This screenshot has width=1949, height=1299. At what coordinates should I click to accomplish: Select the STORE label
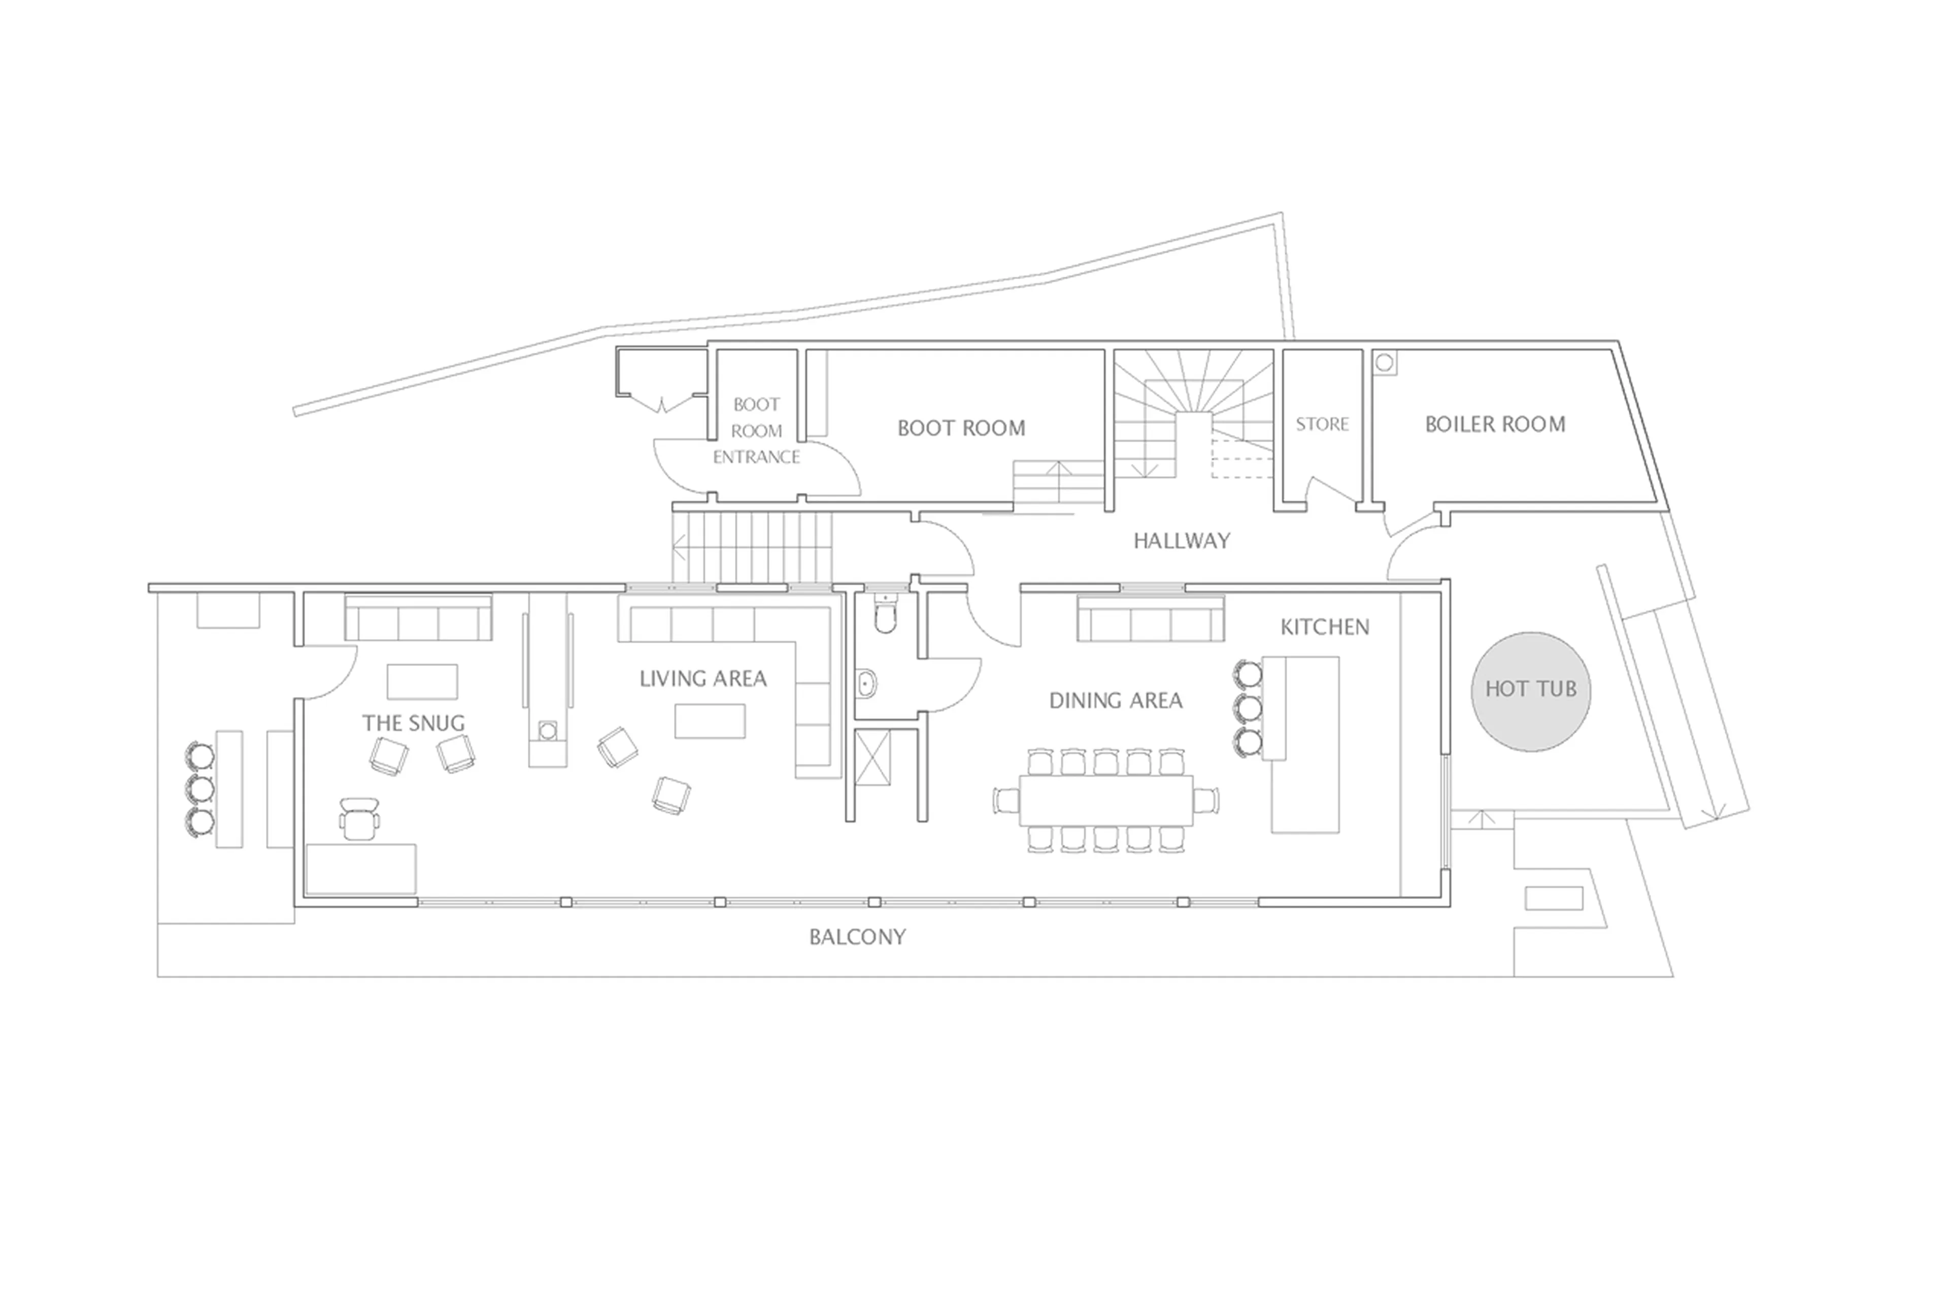point(1322,424)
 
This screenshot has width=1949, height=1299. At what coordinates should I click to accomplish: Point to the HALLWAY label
point(1181,541)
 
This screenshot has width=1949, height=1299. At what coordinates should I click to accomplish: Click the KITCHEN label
point(1325,627)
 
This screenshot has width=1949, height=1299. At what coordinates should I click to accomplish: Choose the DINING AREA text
point(1115,701)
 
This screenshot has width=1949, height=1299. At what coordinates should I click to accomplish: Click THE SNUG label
point(413,723)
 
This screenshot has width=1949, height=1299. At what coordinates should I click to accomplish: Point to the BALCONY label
point(857,937)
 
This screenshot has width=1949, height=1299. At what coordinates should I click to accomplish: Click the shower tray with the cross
point(871,756)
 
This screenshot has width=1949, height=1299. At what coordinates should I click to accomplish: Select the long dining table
point(1106,801)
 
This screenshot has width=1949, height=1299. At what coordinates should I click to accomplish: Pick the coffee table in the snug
point(422,681)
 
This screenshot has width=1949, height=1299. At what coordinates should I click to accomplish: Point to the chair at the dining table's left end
point(1006,801)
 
